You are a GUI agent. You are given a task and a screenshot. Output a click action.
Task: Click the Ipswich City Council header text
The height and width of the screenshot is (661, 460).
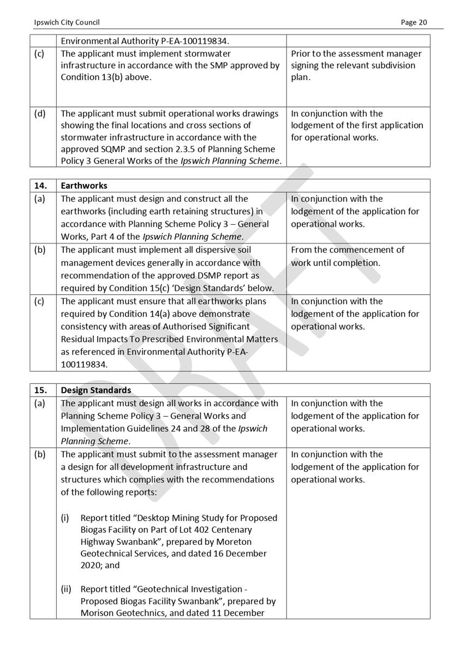pyautogui.click(x=67, y=22)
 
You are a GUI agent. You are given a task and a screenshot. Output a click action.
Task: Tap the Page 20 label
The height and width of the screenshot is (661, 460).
pyautogui.click(x=414, y=22)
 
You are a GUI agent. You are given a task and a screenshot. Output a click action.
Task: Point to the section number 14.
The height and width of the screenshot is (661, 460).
pyautogui.click(x=41, y=186)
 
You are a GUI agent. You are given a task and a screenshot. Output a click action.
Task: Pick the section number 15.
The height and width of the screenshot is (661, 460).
pyautogui.click(x=41, y=390)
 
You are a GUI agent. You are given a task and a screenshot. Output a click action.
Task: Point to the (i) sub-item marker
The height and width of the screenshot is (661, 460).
pyautogui.click(x=65, y=518)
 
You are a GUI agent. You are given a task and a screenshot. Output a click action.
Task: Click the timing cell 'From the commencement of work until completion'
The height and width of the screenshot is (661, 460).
pyautogui.click(x=348, y=256)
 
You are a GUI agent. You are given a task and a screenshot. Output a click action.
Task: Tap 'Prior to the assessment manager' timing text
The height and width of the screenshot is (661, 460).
pyautogui.click(x=356, y=54)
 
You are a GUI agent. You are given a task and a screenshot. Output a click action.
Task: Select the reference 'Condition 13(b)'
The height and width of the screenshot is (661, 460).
pyautogui.click(x=91, y=77)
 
